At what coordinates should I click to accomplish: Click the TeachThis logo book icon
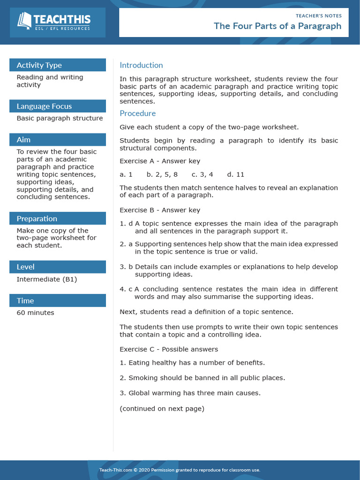point(24,20)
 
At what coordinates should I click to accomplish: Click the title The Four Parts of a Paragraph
point(277,26)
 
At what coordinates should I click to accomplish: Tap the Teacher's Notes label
point(318,15)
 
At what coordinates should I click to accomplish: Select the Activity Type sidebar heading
point(39,65)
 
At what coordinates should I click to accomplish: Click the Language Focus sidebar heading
point(44,106)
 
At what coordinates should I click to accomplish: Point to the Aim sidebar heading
point(23,140)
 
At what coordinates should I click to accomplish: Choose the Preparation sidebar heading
point(37,218)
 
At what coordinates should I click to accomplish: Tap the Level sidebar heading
point(25,267)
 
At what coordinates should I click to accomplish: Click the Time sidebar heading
point(25,300)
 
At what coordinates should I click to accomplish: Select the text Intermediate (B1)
point(47,279)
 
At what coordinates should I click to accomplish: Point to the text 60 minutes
point(35,313)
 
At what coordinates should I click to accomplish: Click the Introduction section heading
point(141,65)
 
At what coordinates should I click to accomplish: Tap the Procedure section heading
point(137,113)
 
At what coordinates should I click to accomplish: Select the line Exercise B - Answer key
point(160,210)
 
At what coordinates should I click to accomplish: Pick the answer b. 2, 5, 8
point(162,174)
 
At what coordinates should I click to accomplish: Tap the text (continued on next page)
point(162,408)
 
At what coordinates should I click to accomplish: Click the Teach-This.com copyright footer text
point(180,470)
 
